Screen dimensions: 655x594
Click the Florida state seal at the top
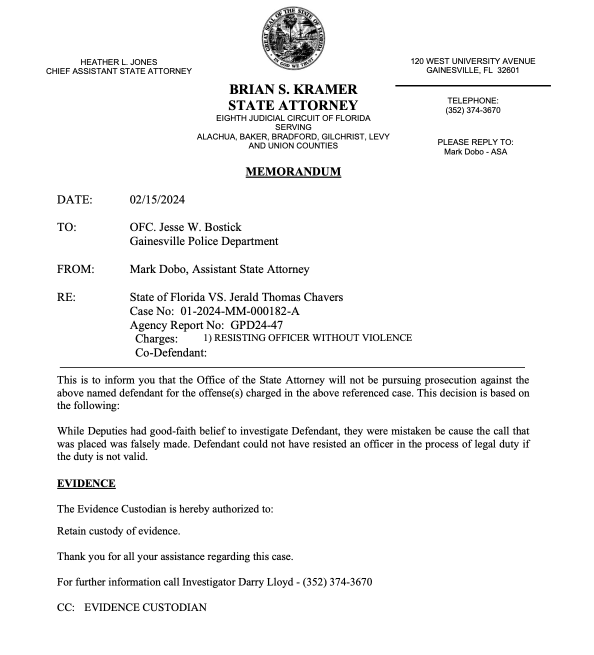click(x=293, y=38)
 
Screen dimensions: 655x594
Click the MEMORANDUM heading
click(x=293, y=172)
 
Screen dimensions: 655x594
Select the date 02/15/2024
click(x=157, y=200)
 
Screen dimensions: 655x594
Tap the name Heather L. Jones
click(x=118, y=62)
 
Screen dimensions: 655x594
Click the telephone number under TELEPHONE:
click(x=472, y=110)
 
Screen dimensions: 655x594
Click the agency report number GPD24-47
click(x=257, y=325)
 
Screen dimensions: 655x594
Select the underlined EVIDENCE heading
click(x=86, y=483)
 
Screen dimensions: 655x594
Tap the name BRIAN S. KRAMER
click(x=293, y=89)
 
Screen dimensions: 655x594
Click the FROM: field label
click(x=75, y=269)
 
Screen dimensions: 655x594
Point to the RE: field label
click(x=66, y=297)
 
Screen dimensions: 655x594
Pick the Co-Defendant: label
click(x=171, y=352)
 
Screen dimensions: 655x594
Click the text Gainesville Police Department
click(x=204, y=241)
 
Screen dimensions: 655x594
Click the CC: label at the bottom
click(x=65, y=607)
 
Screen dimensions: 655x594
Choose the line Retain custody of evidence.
click(x=118, y=531)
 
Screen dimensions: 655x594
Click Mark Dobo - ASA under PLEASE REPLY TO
click(x=475, y=151)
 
